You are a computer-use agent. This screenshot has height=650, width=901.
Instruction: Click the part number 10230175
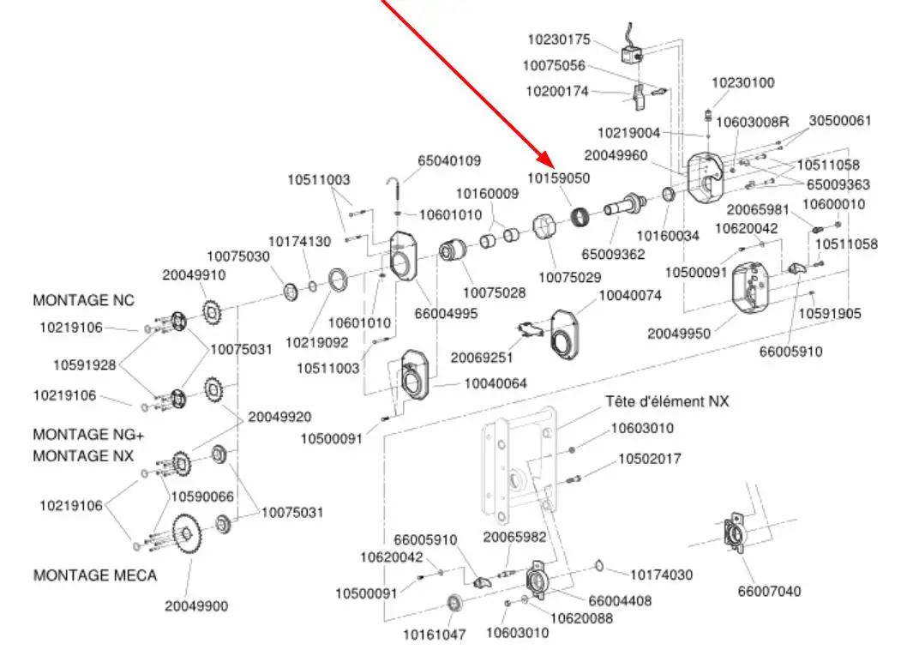(559, 39)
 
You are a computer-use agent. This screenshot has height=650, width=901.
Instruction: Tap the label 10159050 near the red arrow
(558, 179)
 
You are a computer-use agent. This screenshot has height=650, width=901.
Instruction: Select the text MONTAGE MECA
(95, 575)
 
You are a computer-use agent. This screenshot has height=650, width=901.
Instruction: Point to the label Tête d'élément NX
(667, 400)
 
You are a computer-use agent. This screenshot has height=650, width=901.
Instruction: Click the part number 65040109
(449, 160)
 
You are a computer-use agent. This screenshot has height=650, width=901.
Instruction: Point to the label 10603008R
(752, 121)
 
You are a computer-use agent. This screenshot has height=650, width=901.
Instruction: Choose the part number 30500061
(839, 121)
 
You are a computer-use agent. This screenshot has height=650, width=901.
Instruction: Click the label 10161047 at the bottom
(435, 635)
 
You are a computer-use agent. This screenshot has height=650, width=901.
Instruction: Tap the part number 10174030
(662, 575)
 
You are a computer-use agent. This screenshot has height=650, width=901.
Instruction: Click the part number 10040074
(630, 296)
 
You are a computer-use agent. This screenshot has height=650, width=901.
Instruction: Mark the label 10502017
(650, 459)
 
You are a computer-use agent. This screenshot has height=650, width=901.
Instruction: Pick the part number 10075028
(495, 292)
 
